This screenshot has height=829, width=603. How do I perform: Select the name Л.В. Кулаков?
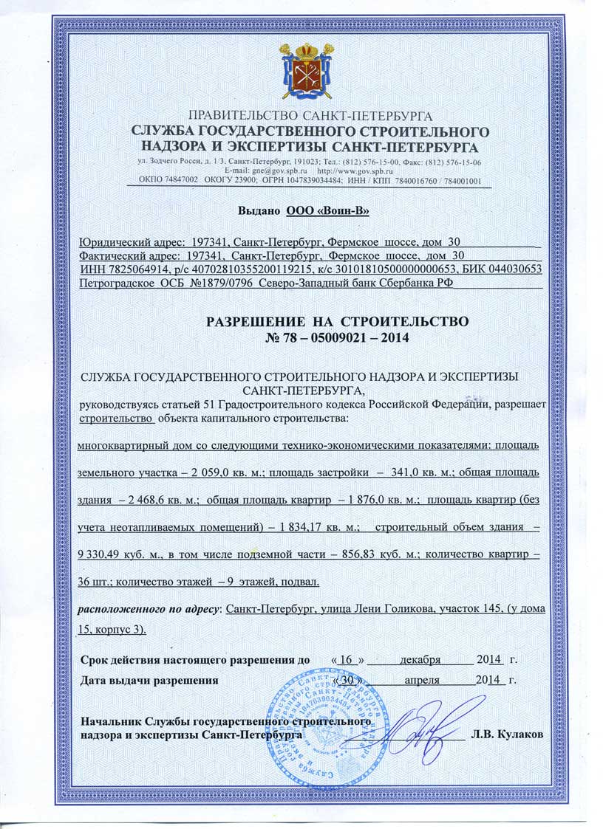(508, 735)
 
